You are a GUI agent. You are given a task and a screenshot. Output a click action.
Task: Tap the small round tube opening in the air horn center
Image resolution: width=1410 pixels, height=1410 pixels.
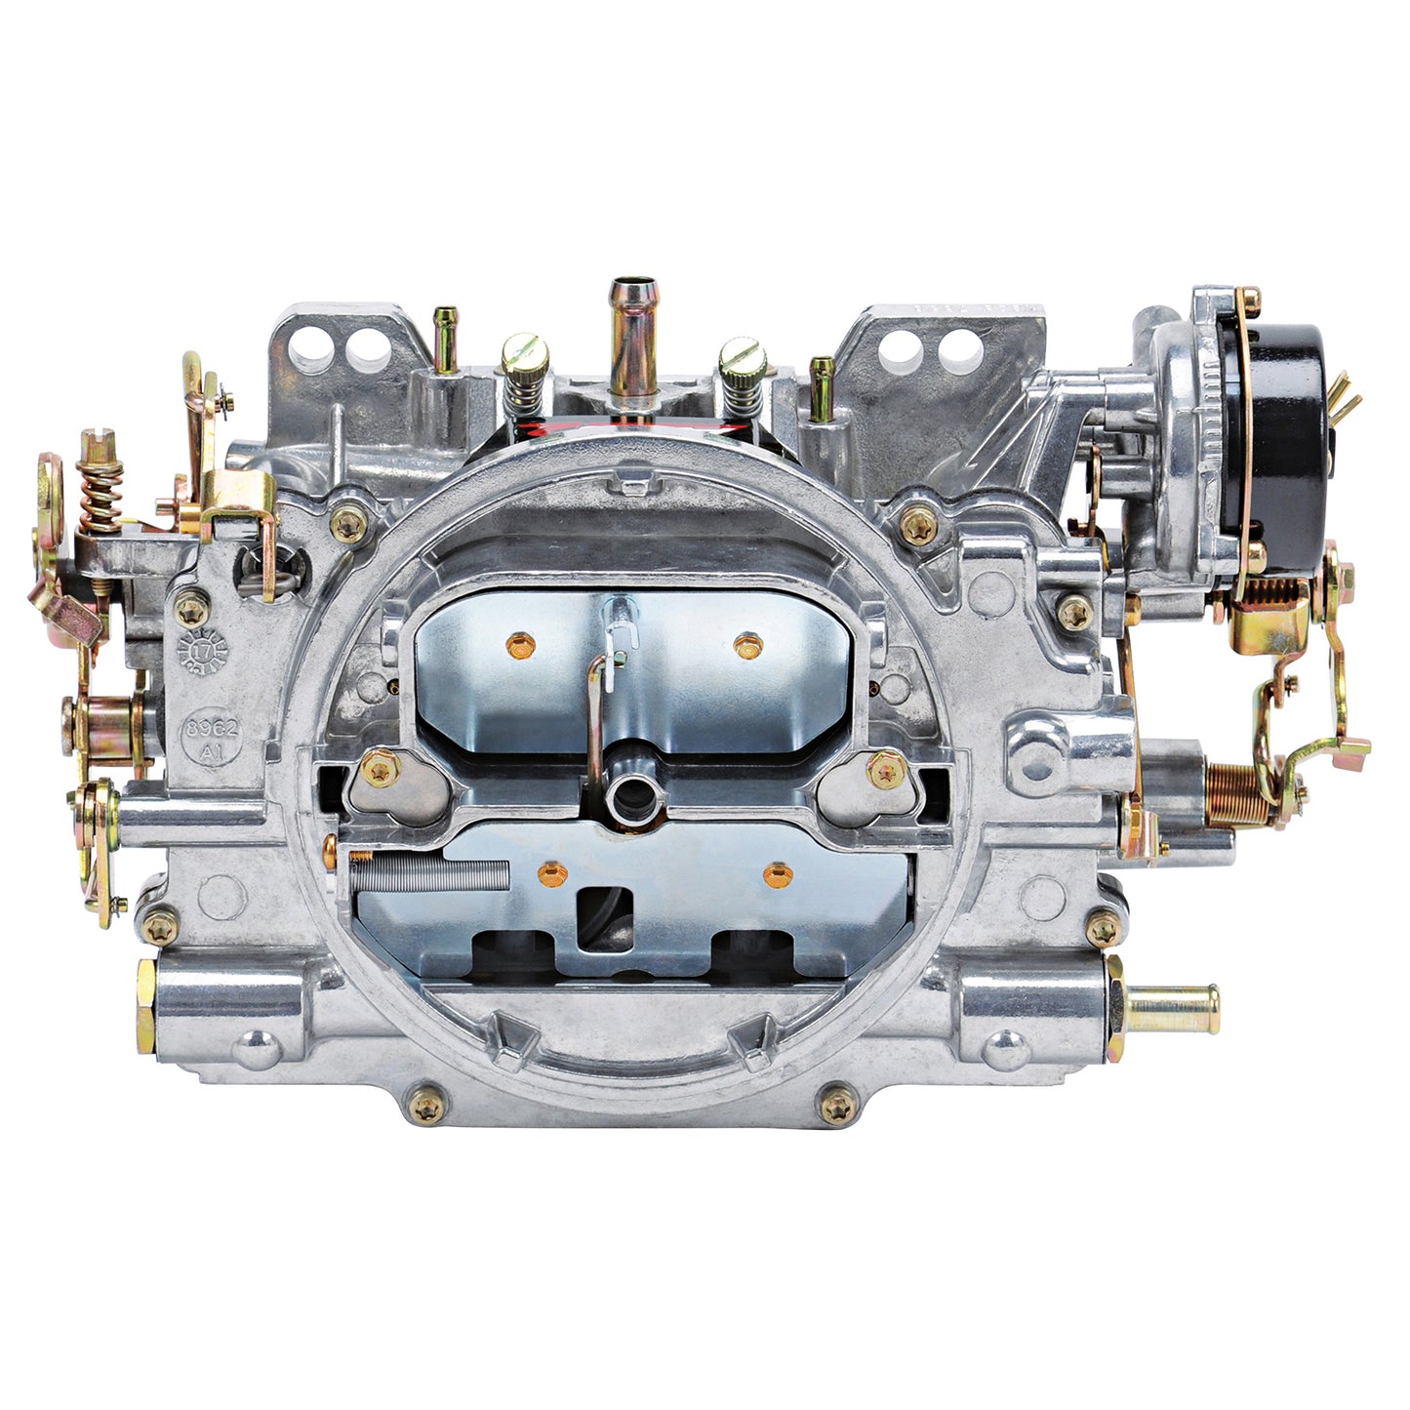click(x=624, y=797)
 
